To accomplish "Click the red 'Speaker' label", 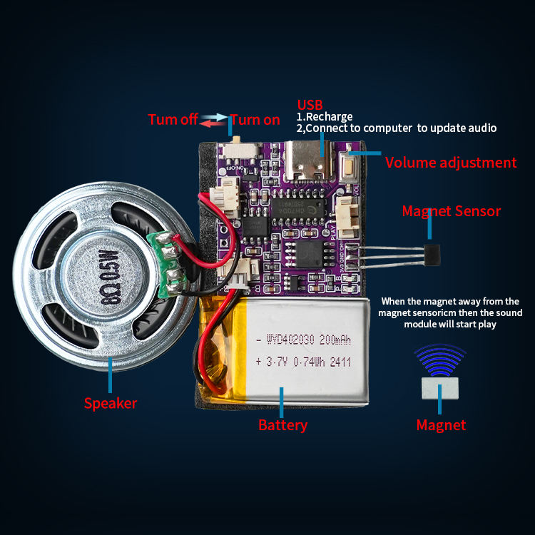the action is coord(111,403).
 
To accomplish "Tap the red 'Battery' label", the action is coord(282,426).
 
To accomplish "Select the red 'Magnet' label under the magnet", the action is coord(441,425).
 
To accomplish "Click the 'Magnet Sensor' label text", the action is coord(451,211).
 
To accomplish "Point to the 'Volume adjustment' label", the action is coord(451,163).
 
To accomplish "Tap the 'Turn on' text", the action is coord(255,120).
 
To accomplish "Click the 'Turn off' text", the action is coord(173,120).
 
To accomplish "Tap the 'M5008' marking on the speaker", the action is coord(99,274).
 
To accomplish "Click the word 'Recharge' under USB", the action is coord(329,117).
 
